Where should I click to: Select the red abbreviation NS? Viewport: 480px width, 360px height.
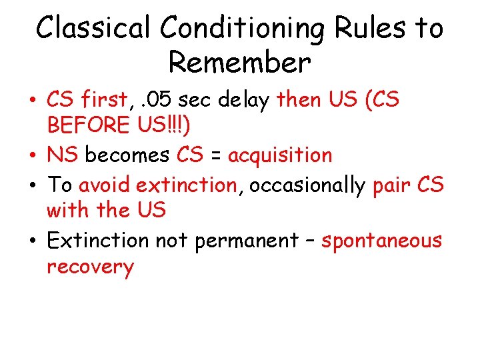pyautogui.click(x=63, y=155)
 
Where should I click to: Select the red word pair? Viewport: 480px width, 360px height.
pyautogui.click(x=392, y=184)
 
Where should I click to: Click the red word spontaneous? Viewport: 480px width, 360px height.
pyautogui.click(x=381, y=241)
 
